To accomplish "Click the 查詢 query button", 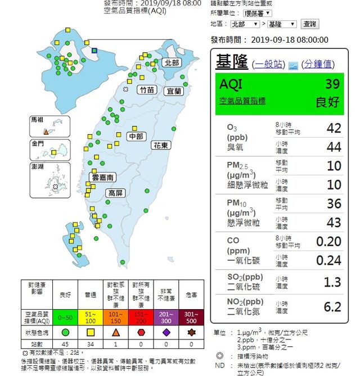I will (310, 24).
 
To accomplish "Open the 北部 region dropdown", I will (245, 24).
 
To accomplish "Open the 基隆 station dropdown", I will (282, 24).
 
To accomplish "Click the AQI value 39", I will (332, 84).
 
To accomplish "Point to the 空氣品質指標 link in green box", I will (242, 101).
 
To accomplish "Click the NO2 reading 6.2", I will (332, 306).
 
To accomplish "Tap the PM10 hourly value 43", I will (334, 222).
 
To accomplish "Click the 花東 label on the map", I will (161, 145).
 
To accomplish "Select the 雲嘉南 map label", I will (103, 178).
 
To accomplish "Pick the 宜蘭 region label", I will (173, 91).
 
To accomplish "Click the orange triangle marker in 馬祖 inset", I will (46, 131).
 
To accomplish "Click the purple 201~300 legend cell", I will (166, 316).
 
